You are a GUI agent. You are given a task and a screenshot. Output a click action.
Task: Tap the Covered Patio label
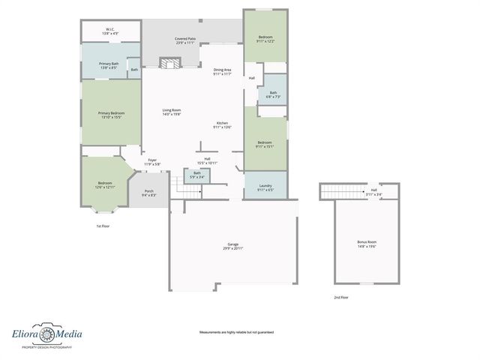click(185, 40)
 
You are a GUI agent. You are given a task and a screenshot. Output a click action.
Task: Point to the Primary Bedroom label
click(110, 115)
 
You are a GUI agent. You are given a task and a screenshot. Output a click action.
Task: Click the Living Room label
click(172, 112)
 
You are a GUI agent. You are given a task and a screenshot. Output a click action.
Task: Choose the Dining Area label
click(221, 72)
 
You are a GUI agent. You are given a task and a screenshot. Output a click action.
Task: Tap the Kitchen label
click(223, 125)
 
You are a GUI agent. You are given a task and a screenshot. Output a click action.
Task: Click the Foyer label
click(152, 162)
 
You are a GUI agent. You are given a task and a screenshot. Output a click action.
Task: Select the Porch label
click(149, 193)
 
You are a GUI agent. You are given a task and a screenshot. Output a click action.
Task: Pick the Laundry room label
click(265, 187)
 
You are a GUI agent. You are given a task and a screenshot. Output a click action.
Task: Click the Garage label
click(233, 246)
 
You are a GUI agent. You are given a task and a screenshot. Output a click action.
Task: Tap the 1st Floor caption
click(103, 225)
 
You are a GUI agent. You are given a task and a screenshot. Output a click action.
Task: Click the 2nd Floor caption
click(341, 297)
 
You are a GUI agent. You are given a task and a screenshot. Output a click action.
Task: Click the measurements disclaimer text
click(236, 331)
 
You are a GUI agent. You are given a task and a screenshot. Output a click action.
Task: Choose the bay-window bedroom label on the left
click(104, 185)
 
